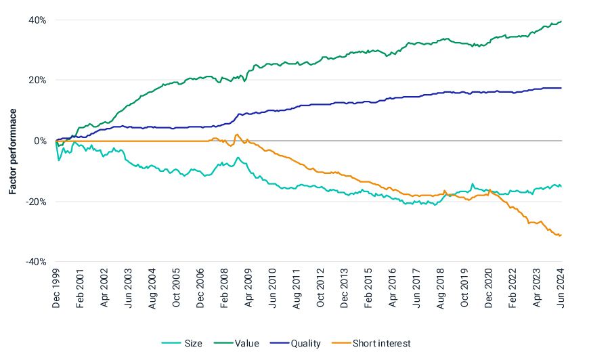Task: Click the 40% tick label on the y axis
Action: [x=37, y=20]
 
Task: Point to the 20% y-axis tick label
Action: [x=37, y=81]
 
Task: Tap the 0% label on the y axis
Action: [x=40, y=141]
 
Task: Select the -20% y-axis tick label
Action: [x=36, y=201]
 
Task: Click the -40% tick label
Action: [x=36, y=261]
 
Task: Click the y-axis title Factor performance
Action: [x=12, y=141]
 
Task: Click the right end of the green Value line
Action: [x=561, y=22]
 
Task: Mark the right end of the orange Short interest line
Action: [x=561, y=235]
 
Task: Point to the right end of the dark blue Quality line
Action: [x=561, y=88]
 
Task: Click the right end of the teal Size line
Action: [x=561, y=186]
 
